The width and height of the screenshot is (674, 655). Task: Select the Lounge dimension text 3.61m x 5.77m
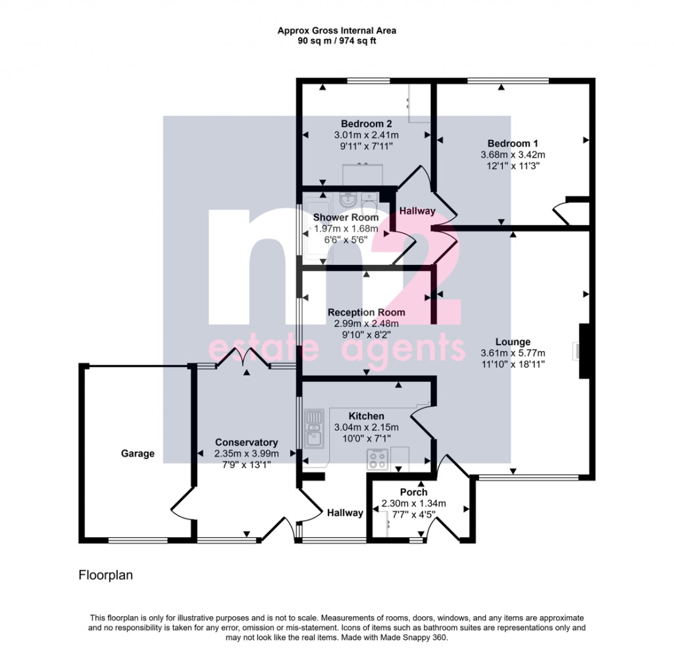(513, 352)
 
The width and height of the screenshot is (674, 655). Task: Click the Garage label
(138, 453)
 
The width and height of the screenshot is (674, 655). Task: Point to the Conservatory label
(246, 443)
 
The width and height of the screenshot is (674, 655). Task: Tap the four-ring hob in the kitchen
(378, 459)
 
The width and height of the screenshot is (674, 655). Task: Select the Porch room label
(413, 492)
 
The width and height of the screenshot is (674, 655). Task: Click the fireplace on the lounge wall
(584, 351)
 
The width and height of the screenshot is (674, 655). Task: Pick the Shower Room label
(346, 217)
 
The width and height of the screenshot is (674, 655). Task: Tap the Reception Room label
(367, 312)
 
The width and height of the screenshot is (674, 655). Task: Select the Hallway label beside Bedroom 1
(417, 211)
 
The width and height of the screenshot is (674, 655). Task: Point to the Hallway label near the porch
(344, 513)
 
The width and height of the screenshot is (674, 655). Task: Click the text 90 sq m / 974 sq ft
(336, 41)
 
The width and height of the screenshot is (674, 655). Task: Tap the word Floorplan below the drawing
(106, 575)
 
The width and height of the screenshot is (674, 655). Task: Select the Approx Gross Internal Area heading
(336, 30)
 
